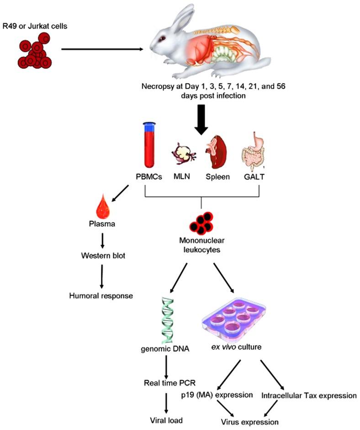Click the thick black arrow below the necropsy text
tap(201, 121)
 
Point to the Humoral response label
tap(101, 295)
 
